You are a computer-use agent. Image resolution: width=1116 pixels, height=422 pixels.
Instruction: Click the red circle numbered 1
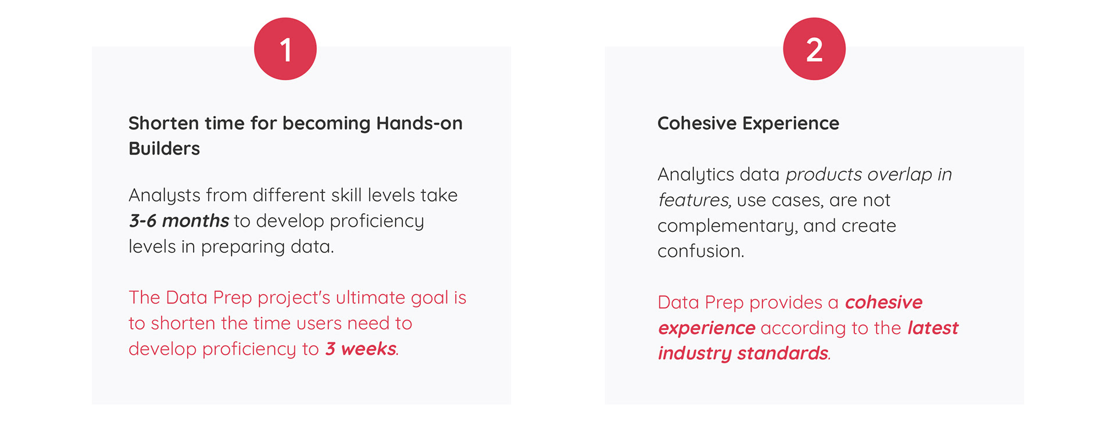pos(285,49)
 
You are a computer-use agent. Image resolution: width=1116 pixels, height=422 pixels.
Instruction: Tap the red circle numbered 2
pos(814,49)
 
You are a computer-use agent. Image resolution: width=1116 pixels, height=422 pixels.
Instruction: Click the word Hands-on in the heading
pos(420,123)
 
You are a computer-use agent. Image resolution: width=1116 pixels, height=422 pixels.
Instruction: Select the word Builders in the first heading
pos(164,149)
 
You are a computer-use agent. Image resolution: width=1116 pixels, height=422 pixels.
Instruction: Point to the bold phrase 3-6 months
pos(179,221)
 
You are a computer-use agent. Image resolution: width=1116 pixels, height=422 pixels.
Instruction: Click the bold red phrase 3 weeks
pos(361,349)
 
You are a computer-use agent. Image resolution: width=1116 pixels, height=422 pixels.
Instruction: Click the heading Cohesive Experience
pos(748,123)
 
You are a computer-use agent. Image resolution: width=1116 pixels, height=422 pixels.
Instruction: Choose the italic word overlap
pos(900,175)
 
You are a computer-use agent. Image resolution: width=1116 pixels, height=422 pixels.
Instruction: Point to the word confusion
pos(700,251)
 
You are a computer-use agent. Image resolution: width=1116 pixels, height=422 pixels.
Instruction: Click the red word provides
pos(786,303)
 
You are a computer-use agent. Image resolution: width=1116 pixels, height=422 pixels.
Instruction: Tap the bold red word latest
pos(933,328)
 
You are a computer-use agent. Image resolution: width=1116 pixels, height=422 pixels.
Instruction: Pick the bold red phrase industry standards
pos(743,353)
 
